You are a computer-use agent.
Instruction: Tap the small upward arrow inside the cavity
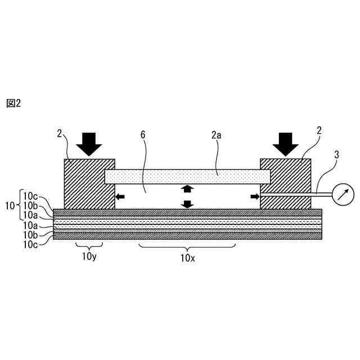pyautogui.click(x=187, y=188)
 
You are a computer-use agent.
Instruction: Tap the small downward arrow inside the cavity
pyautogui.click(x=187, y=203)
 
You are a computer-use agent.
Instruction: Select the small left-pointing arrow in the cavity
pyautogui.click(x=120, y=196)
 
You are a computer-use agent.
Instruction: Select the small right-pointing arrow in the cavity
pyautogui.click(x=254, y=196)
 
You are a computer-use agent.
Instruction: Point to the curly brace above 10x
pyautogui.click(x=187, y=248)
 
